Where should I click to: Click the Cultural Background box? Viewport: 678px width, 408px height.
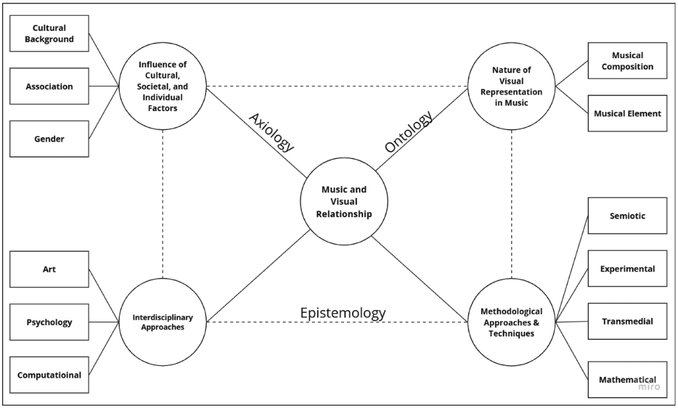point(49,33)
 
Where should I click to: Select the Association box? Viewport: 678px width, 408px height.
point(49,86)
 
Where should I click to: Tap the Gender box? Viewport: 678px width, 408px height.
point(49,139)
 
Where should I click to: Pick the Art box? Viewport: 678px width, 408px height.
point(49,269)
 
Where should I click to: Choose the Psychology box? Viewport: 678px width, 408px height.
point(49,322)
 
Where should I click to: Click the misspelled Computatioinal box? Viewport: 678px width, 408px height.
point(49,375)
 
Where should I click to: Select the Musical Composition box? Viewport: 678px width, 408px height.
point(627,61)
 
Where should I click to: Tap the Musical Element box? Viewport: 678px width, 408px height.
point(627,113)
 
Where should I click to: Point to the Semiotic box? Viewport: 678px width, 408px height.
point(627,216)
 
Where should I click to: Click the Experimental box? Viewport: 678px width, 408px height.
point(627,269)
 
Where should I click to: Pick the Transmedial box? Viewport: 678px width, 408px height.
point(627,321)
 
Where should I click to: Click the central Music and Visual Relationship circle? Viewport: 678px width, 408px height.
point(344,202)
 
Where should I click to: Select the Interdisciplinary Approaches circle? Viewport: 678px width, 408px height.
point(162,322)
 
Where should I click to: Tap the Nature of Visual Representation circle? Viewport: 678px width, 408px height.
point(511,86)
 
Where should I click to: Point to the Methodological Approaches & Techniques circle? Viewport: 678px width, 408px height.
point(511,322)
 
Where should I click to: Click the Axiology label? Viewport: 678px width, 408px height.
point(272,132)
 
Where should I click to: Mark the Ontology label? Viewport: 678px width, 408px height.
point(409,132)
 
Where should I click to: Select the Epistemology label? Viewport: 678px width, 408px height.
point(343,313)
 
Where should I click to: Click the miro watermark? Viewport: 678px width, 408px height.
point(649,387)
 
